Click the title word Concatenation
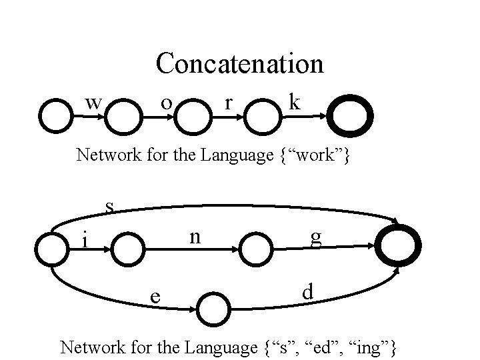click(x=240, y=63)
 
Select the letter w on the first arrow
click(x=93, y=103)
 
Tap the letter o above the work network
click(x=167, y=103)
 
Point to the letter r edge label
click(x=228, y=103)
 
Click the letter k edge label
click(x=295, y=101)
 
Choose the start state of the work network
click(x=56, y=99)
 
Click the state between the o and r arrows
click(x=193, y=99)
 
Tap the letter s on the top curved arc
click(x=109, y=207)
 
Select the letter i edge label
click(x=85, y=239)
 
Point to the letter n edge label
click(x=195, y=238)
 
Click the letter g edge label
click(x=316, y=239)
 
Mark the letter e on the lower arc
click(x=155, y=297)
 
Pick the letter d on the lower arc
click(x=307, y=291)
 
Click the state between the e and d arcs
click(x=213, y=293)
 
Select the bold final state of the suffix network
click(x=398, y=226)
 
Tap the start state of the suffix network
click(x=52, y=233)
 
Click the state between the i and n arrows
click(x=127, y=233)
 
